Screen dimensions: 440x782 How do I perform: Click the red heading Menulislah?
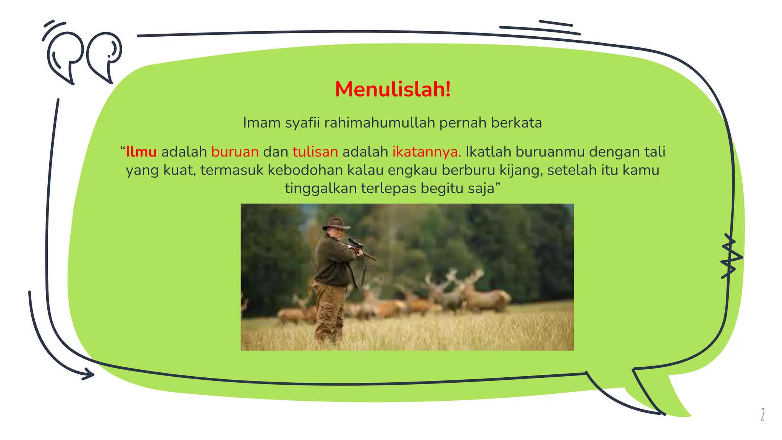(393, 89)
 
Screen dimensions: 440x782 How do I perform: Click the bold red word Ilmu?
(141, 152)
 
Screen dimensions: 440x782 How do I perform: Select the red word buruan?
(235, 152)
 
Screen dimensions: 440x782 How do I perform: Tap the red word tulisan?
(315, 152)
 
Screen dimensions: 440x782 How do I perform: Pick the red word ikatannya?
(427, 152)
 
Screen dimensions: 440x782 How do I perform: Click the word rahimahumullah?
(380, 123)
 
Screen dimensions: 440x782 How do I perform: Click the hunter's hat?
(336, 223)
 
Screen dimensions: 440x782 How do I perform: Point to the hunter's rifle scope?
(355, 242)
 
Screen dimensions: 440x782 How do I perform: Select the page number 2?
(763, 414)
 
